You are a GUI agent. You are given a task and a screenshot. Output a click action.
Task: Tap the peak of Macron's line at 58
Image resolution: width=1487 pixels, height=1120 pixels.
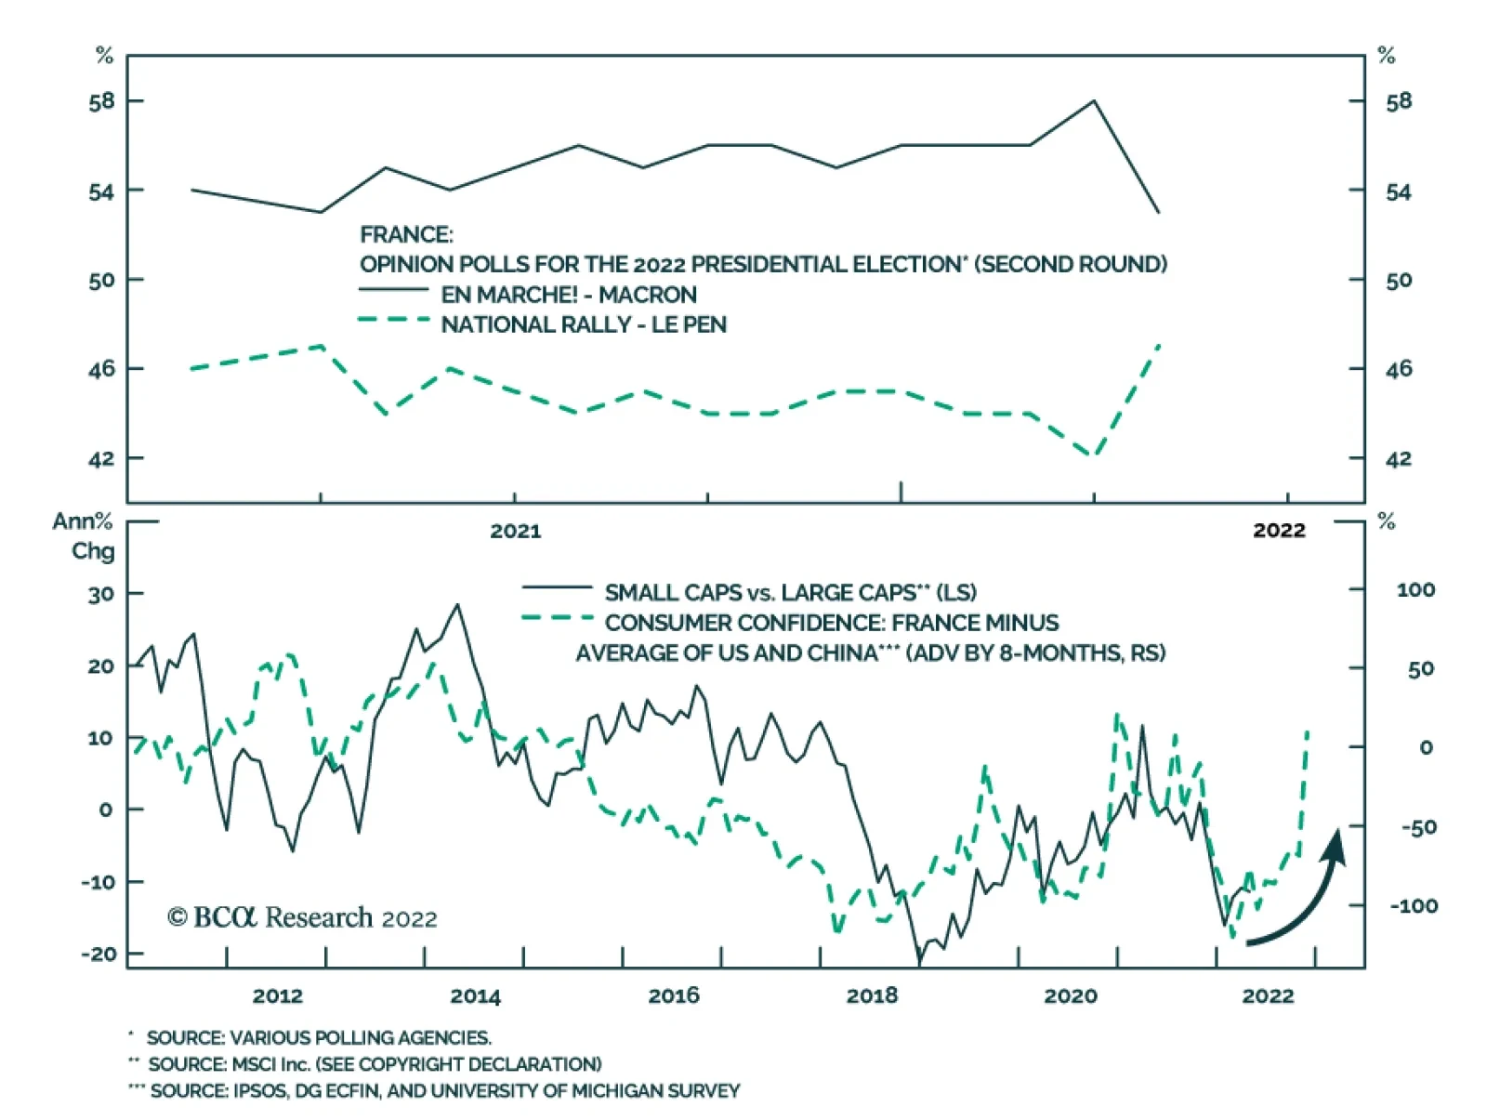1094,100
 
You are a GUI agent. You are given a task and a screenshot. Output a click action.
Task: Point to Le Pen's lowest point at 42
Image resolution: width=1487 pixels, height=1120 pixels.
1094,456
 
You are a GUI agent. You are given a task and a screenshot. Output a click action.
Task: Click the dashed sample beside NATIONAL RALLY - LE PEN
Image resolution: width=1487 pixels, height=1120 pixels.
393,322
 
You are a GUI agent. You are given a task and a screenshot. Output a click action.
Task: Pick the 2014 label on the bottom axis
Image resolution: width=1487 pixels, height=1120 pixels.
475,996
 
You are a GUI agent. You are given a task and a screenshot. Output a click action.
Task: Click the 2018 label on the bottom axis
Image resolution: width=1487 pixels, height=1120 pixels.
872,996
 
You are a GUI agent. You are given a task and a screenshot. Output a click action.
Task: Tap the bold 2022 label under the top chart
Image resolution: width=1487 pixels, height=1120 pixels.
1279,531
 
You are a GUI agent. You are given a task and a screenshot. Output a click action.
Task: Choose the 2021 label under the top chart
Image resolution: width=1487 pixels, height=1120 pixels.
515,531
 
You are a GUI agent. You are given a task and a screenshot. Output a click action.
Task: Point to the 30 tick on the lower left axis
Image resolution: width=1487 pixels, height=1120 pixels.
101,594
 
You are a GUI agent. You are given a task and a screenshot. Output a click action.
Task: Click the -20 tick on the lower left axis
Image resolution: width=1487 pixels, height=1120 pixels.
99,954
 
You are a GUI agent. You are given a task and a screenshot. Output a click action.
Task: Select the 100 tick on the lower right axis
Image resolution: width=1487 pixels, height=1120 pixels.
1415,589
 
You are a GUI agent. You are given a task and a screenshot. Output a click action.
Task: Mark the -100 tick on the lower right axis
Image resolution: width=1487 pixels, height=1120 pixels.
1414,905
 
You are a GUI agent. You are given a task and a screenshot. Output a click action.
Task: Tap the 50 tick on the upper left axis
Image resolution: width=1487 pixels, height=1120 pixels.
101,280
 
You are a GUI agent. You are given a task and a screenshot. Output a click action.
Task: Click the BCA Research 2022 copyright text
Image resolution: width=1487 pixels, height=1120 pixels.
302,918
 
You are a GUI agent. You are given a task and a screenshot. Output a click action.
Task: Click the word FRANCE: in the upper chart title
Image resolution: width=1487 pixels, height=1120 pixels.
406,234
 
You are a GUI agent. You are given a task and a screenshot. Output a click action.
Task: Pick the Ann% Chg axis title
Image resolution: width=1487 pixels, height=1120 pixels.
84,535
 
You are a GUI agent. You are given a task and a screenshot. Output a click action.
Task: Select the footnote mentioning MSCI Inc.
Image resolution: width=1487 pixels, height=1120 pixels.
374,1064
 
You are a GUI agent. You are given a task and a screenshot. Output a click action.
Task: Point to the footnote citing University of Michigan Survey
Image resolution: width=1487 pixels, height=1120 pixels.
444,1091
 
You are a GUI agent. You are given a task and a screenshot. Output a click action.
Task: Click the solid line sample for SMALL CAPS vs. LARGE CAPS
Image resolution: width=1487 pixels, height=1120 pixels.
557,587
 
